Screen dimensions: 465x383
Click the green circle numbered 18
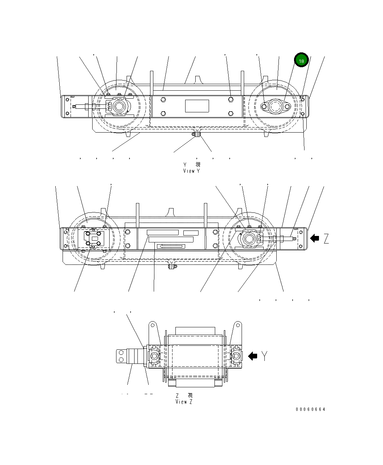[x=301, y=60]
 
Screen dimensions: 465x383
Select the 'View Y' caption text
[x=191, y=171]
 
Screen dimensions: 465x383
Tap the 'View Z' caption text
[x=184, y=401]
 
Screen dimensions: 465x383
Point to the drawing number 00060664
[x=310, y=409]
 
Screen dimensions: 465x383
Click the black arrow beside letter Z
[x=315, y=238]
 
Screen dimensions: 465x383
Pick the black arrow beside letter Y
[x=252, y=356]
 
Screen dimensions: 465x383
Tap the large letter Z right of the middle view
[x=326, y=238]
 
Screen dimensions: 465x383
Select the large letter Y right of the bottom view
[x=265, y=356]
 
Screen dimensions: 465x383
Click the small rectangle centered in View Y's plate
[x=197, y=106]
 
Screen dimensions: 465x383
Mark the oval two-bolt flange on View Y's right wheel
[x=276, y=107]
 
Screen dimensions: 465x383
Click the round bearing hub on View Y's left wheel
[x=118, y=107]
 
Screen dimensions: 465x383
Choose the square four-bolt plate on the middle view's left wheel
[x=93, y=238]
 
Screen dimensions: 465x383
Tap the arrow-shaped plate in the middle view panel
[x=171, y=246]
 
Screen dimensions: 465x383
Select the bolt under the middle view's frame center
[x=172, y=267]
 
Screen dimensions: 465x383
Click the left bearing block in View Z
[x=154, y=356]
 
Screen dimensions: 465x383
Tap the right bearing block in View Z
[x=235, y=356]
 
